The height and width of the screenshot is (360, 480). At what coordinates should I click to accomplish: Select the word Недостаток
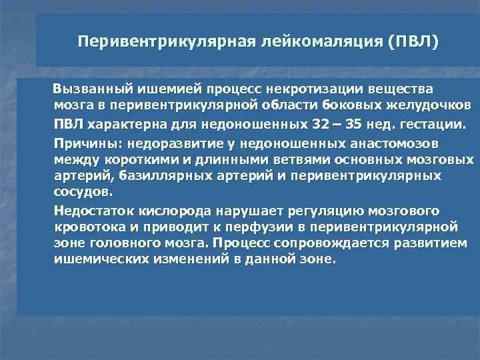click(94, 211)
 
